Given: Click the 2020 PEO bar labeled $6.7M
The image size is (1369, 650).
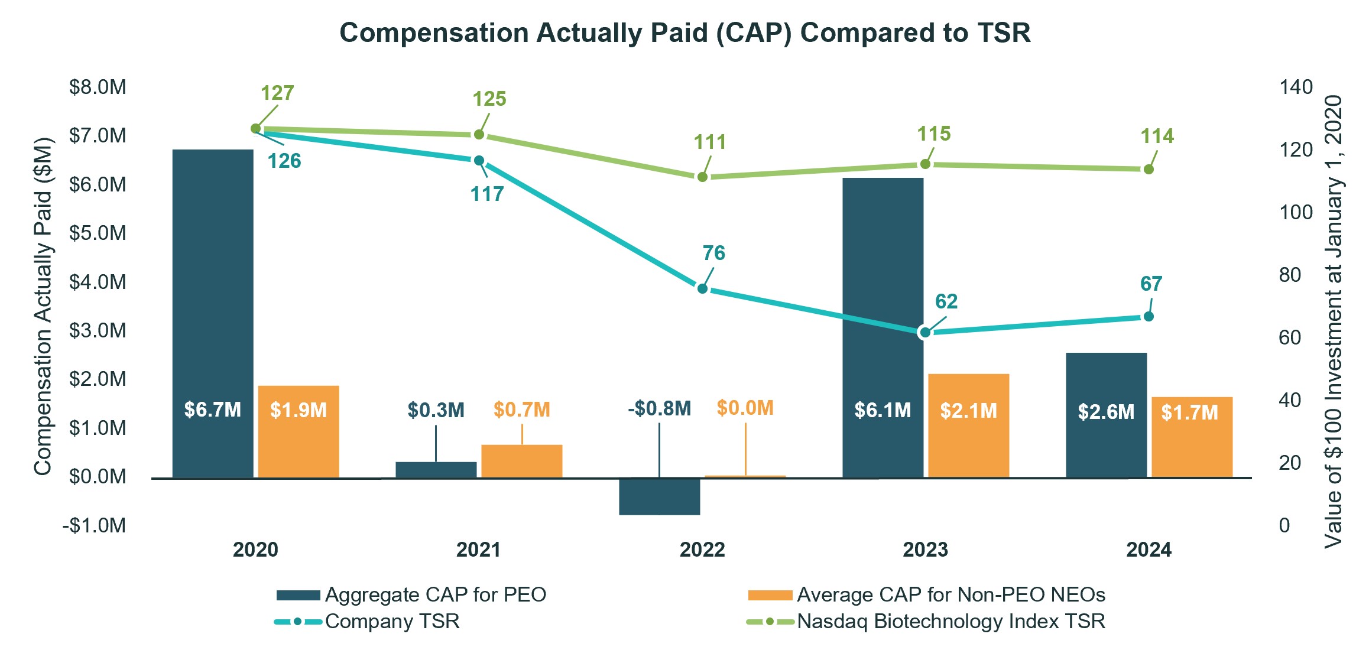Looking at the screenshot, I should (x=213, y=313).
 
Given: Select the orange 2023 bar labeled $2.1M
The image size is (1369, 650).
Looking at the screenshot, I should (x=968, y=425).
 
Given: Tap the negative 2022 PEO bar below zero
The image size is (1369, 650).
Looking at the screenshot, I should (x=659, y=496).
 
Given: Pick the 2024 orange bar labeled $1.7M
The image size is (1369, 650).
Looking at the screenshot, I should (x=1192, y=437).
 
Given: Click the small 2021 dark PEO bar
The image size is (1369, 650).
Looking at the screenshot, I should (x=436, y=470).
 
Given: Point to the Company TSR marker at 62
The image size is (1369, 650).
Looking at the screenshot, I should (x=925, y=333).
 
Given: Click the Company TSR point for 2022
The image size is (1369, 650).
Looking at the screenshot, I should (x=702, y=289).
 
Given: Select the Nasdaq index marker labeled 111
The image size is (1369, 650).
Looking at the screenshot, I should (x=702, y=177).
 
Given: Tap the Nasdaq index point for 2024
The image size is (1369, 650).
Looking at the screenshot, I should (x=1149, y=170).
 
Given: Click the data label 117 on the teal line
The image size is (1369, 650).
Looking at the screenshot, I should (x=486, y=194).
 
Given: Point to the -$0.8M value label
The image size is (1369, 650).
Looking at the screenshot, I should (x=659, y=408).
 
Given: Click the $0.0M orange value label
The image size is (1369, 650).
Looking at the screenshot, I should (x=745, y=408).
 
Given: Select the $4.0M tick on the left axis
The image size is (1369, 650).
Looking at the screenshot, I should (x=98, y=282).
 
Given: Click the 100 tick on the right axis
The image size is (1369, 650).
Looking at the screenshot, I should (x=1296, y=212).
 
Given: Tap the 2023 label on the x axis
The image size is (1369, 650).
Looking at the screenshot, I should (x=925, y=550).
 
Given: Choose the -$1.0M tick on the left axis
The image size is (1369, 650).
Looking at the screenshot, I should (x=95, y=525).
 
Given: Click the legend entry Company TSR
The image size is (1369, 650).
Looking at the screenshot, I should (x=391, y=622).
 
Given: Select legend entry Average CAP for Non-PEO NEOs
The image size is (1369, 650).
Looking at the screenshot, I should (x=950, y=594).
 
